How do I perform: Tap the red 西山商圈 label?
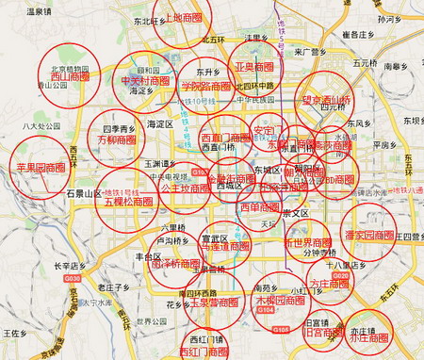69,78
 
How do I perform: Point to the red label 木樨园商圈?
280,302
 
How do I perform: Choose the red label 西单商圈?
260,207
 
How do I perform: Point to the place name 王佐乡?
14,333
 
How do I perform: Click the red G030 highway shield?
75,254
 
